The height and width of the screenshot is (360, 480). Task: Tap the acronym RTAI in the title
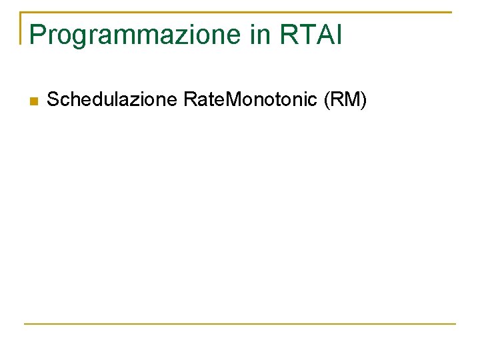tap(312, 35)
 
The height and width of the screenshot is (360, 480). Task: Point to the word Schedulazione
tap(112, 100)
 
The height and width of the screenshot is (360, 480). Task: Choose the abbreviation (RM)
tap(345, 100)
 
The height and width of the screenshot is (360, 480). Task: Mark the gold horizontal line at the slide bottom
tap(240, 324)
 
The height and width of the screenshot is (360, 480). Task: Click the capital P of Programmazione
tap(37, 35)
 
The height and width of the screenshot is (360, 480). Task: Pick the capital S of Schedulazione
tap(53, 100)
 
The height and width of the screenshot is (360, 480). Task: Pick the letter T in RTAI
tap(305, 35)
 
